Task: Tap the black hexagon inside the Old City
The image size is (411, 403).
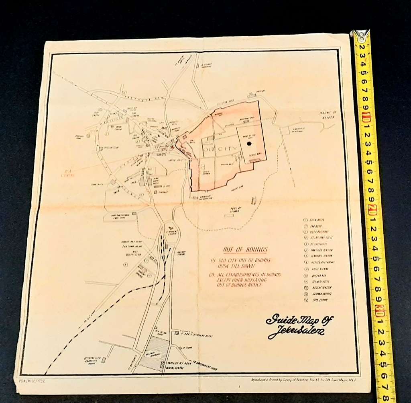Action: point(249,143)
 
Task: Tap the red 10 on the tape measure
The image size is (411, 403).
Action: point(366,119)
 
